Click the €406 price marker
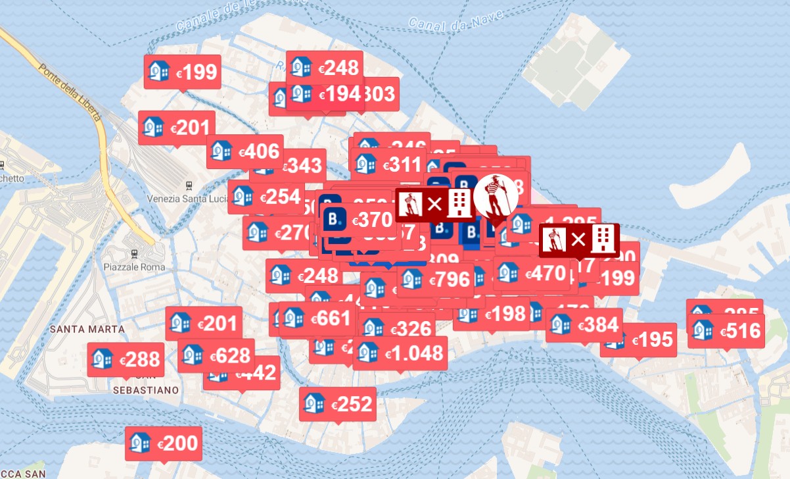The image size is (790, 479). point(245,152)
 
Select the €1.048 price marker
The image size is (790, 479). point(400,353)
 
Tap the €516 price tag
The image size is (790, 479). point(726,330)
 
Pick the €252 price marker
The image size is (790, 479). point(338,404)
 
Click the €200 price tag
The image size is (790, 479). point(164,443)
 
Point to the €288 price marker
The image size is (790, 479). point(126,359)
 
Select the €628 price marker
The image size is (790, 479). point(216,355)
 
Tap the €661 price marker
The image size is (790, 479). point(318,319)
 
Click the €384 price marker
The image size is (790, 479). point(584,324)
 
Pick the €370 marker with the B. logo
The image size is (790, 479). point(359,220)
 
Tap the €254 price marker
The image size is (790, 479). point(266,197)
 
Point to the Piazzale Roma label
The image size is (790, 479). point(134,267)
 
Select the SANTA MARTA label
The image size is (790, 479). point(78,328)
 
